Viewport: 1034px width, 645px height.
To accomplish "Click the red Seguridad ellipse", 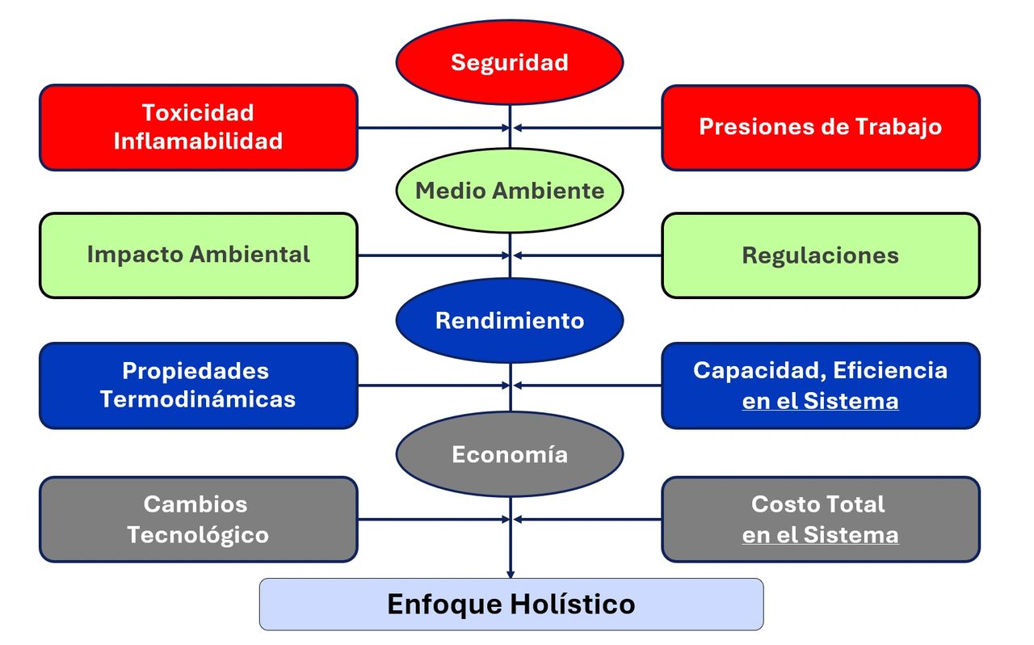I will point(509,62).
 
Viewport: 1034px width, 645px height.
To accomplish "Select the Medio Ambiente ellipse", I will point(509,191).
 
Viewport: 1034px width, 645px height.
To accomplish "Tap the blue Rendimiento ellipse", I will point(509,320).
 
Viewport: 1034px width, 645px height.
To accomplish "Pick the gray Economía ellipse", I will point(509,454).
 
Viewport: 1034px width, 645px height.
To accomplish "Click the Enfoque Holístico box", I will point(511,604).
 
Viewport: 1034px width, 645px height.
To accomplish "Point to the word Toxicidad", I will point(198,112).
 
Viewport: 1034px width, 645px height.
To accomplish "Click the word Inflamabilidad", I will point(198,141).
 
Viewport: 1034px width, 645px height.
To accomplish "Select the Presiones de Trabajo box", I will point(820,127).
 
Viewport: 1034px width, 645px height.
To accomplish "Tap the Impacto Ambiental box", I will point(198,255).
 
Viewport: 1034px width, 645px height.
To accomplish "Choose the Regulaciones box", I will point(820,255).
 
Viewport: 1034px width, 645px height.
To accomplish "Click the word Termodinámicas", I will point(198,399).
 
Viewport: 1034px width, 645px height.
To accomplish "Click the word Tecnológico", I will point(198,534).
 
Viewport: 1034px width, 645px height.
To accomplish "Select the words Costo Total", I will point(818,504).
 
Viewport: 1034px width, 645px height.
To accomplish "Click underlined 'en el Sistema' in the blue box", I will point(820,401).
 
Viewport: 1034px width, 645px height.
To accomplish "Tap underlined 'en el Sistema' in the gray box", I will point(820,535).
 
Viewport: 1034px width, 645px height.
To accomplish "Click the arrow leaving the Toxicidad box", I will point(432,128).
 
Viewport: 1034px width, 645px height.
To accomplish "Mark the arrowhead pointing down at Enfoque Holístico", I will point(511,573).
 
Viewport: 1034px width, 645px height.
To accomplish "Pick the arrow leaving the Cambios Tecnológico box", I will point(432,520).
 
